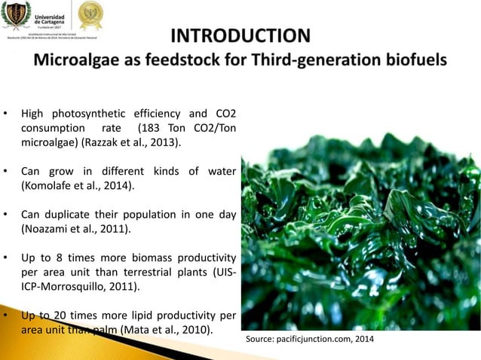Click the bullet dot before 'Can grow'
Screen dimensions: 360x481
(6, 170)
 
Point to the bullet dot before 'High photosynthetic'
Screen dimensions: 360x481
(6, 114)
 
